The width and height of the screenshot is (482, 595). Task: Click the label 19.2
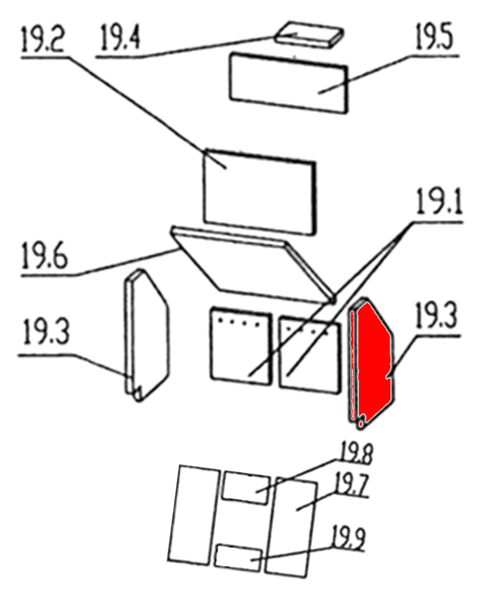[43, 39]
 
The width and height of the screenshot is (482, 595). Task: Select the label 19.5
[434, 37]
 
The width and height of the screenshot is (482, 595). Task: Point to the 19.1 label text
[439, 202]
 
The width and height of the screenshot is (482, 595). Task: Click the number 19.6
[44, 256]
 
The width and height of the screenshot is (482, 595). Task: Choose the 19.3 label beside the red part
[437, 315]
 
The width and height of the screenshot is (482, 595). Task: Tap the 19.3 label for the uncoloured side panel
[46, 332]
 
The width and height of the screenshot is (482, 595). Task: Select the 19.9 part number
[349, 538]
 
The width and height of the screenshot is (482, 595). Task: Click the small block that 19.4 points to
[309, 34]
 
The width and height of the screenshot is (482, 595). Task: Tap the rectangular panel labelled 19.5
[289, 83]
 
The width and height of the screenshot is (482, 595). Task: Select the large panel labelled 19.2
[259, 191]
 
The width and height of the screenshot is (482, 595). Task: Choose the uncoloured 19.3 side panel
[147, 335]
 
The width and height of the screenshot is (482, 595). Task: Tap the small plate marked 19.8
[246, 488]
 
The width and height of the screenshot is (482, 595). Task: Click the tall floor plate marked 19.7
[291, 527]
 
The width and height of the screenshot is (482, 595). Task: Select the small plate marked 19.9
[238, 557]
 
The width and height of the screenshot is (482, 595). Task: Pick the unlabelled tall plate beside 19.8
[193, 515]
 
